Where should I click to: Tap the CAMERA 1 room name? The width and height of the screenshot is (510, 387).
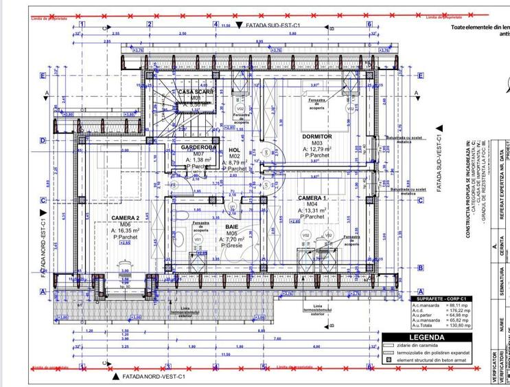(312, 198)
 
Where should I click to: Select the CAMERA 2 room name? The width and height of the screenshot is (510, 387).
(125, 219)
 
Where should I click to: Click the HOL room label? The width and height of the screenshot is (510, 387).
(234, 150)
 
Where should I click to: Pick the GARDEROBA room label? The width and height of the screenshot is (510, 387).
(198, 147)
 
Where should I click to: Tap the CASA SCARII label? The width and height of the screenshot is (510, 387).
(196, 91)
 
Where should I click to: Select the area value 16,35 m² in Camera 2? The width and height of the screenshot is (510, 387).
(126, 231)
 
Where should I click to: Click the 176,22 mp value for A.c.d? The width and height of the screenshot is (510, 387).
(457, 310)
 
